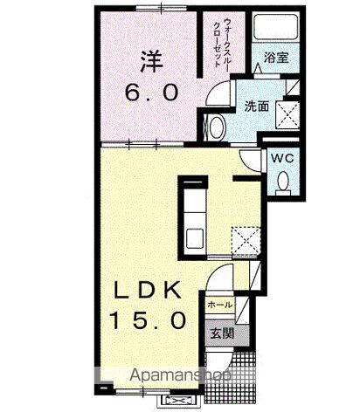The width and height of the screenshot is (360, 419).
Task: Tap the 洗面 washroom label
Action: point(256,106)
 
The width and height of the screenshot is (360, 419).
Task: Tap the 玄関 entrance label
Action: point(219,333)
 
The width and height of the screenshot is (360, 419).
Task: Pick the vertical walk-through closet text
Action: point(217,42)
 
